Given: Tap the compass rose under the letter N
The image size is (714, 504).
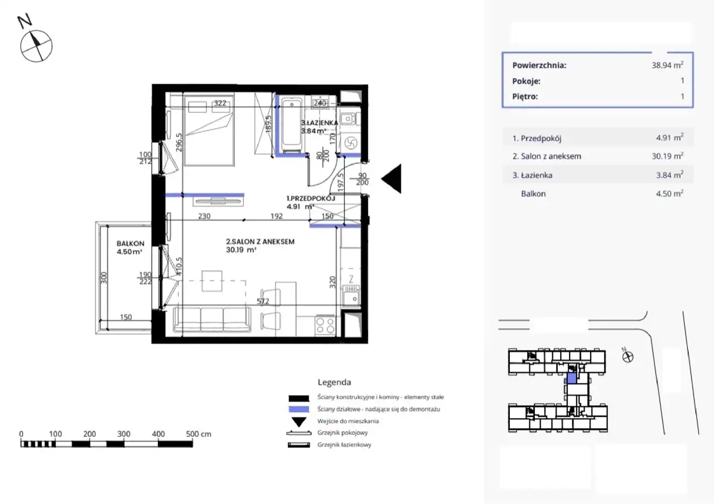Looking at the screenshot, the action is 36,46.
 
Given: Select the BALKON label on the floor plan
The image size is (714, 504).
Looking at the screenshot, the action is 131,244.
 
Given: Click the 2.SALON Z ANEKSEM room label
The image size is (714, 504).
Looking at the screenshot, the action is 260,242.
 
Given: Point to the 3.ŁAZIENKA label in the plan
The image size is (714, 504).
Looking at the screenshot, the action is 320,123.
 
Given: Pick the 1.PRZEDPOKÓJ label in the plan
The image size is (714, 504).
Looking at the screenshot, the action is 311,198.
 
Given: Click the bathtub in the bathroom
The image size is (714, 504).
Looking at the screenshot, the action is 291,124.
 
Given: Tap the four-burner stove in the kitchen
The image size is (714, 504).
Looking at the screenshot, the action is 325,325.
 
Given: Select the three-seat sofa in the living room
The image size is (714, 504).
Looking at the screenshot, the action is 212,320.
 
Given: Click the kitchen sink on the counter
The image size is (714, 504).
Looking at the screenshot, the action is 351,295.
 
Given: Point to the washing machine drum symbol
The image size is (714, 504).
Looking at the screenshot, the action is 351,143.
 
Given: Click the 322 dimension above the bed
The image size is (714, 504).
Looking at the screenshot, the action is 220,103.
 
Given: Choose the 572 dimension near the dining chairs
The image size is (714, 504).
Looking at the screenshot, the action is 263,301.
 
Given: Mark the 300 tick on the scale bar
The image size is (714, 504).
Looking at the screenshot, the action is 124,434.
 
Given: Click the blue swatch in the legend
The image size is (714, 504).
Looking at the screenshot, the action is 298,409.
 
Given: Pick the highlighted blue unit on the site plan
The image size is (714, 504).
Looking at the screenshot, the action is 572,378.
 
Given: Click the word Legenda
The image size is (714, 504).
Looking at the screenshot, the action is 334,382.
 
